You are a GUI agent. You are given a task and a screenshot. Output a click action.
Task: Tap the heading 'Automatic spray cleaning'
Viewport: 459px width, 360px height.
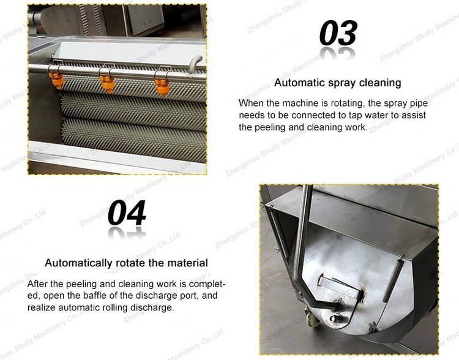click(337, 83)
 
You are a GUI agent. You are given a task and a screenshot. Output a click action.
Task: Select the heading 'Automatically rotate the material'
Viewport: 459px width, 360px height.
click(126, 263)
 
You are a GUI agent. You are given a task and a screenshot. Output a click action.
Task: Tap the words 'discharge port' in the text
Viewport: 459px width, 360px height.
click(157, 296)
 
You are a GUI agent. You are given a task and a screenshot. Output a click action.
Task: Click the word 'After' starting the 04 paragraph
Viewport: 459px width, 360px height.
click(38, 284)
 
